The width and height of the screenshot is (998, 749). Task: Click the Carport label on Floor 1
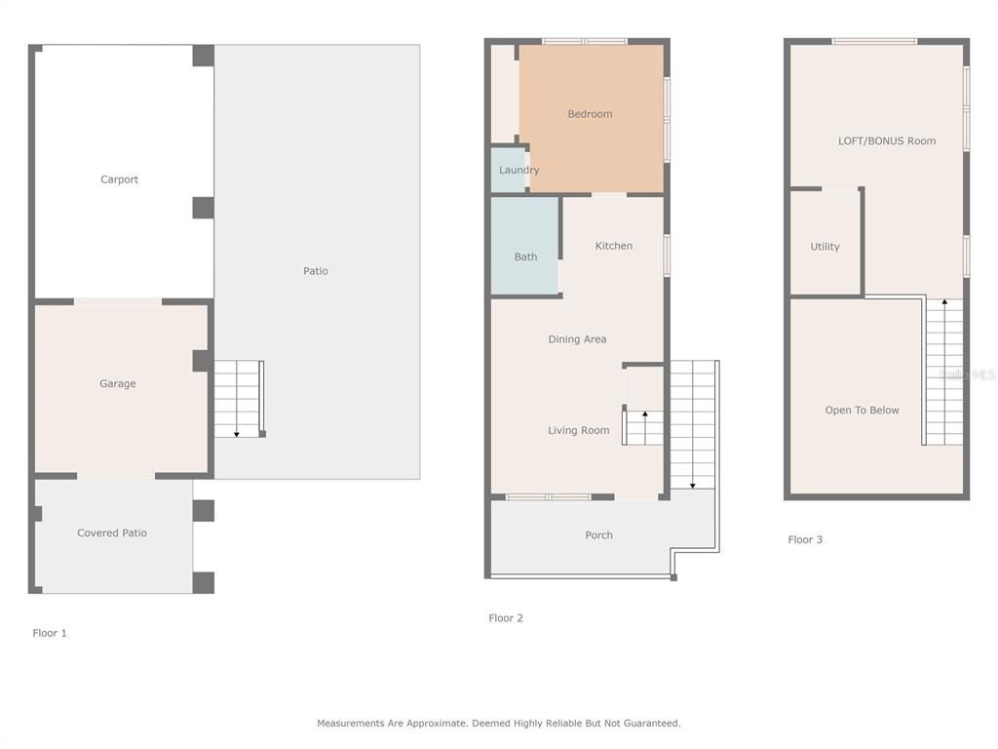click(x=119, y=179)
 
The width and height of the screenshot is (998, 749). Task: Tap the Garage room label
click(x=117, y=383)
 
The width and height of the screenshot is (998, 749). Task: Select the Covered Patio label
click(x=112, y=532)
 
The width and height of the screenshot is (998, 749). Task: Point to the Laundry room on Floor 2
click(x=518, y=170)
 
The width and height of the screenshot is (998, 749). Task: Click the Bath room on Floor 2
click(x=525, y=256)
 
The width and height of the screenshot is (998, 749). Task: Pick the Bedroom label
click(x=590, y=114)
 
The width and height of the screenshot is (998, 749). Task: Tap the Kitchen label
click(x=614, y=246)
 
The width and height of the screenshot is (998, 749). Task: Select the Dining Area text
click(x=577, y=339)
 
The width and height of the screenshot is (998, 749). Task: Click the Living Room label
click(x=578, y=430)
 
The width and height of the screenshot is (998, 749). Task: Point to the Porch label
click(x=598, y=534)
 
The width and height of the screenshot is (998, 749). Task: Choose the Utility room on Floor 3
click(x=825, y=247)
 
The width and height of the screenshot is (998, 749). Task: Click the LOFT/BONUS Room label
click(x=886, y=140)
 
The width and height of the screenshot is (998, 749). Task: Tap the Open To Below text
click(x=862, y=410)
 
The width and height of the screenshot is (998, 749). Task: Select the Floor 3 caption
click(x=805, y=539)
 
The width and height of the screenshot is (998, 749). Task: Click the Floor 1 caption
click(x=50, y=633)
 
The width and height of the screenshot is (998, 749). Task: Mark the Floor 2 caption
click(x=506, y=617)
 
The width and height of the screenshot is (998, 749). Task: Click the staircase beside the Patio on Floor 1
click(x=238, y=399)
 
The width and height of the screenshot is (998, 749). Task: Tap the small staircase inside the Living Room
click(x=644, y=427)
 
